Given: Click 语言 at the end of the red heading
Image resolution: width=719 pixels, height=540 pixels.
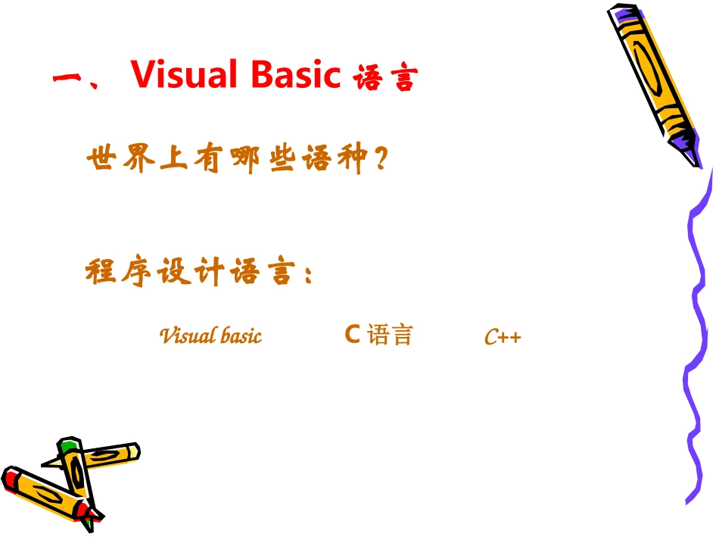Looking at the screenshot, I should click(x=385, y=79).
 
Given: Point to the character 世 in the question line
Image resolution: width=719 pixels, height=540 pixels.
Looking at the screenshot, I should click(x=101, y=161).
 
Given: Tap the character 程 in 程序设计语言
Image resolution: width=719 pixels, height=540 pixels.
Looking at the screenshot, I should click(x=101, y=272).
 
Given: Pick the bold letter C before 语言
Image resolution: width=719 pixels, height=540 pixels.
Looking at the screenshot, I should click(x=351, y=334).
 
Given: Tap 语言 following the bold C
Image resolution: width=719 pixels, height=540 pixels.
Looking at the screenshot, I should click(x=390, y=335).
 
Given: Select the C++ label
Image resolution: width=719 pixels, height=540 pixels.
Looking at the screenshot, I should click(x=503, y=337).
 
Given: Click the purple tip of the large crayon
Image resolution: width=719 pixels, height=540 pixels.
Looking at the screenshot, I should click(x=684, y=141).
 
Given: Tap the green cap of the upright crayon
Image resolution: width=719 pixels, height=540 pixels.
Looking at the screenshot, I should click(x=68, y=445).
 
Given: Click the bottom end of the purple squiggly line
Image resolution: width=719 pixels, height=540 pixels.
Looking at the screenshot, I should click(x=688, y=501).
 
